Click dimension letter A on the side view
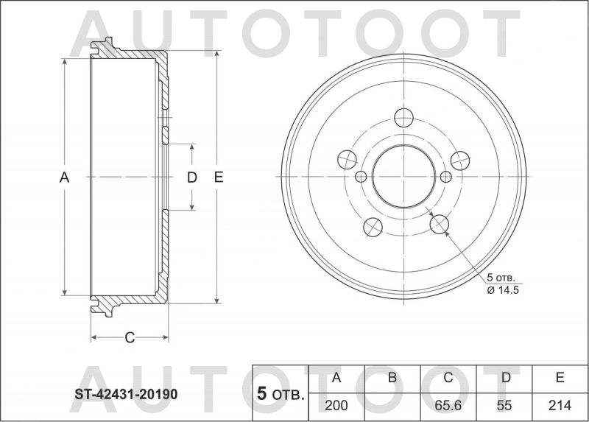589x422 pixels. (64, 177)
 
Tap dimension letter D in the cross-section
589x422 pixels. (191, 177)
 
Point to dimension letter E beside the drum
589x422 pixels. (218, 177)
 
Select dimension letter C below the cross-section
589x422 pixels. (130, 338)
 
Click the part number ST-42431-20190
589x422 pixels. (126, 394)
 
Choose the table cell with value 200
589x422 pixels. (336, 405)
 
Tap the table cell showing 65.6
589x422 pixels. (448, 405)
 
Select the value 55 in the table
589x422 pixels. (505, 405)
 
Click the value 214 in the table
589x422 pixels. (560, 405)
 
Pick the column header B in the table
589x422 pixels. (392, 378)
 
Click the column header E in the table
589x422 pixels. (560, 378)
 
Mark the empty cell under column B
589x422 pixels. (392, 405)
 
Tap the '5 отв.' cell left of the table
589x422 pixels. (281, 394)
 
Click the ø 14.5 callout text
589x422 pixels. (504, 290)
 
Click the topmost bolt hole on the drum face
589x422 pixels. (403, 117)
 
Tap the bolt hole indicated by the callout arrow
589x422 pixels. (440, 224)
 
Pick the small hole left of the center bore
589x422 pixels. (361, 177)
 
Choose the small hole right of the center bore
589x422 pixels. (446, 177)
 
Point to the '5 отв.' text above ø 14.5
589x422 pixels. (501, 278)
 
